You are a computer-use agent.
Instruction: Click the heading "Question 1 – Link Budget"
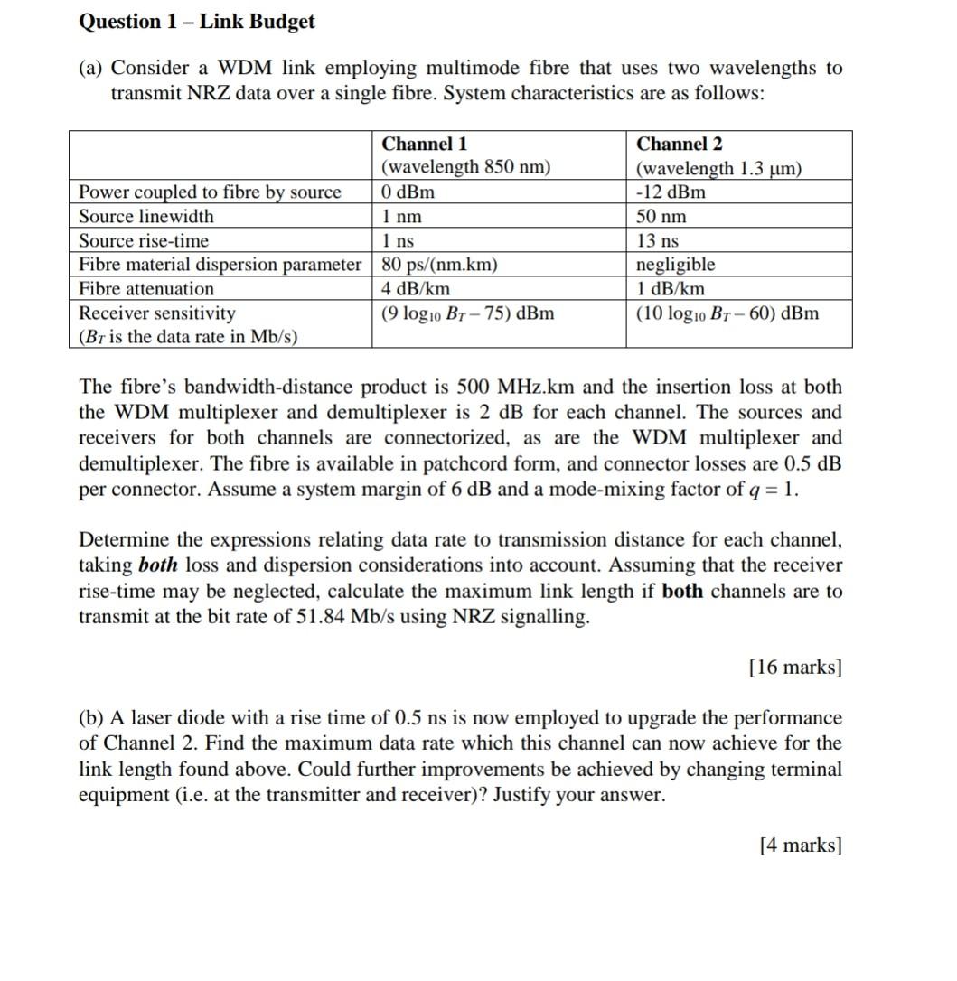[197, 22]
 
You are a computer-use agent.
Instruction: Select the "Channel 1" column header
[425, 145]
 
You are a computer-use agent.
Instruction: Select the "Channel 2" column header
[680, 145]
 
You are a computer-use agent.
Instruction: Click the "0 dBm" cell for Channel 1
[408, 192]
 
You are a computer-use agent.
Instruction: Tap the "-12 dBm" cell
[671, 192]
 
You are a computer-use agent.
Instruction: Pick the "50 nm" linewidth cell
[661, 217]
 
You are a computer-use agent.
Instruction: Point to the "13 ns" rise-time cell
[658, 241]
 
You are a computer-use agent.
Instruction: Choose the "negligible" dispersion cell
[676, 265]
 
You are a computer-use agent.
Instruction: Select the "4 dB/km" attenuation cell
[416, 289]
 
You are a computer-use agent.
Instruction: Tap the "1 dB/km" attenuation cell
[671, 289]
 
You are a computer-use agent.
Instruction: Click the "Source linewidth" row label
[146, 217]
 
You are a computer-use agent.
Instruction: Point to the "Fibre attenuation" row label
[146, 289]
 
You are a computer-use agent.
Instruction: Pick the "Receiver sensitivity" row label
[157, 313]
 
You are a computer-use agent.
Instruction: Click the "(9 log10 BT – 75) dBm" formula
[468, 313]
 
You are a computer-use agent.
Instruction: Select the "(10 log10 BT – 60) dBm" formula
[727, 313]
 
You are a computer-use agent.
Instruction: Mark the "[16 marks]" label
[795, 668]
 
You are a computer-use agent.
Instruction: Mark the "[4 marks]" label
[801, 846]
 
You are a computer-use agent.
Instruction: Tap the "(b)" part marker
[91, 718]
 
